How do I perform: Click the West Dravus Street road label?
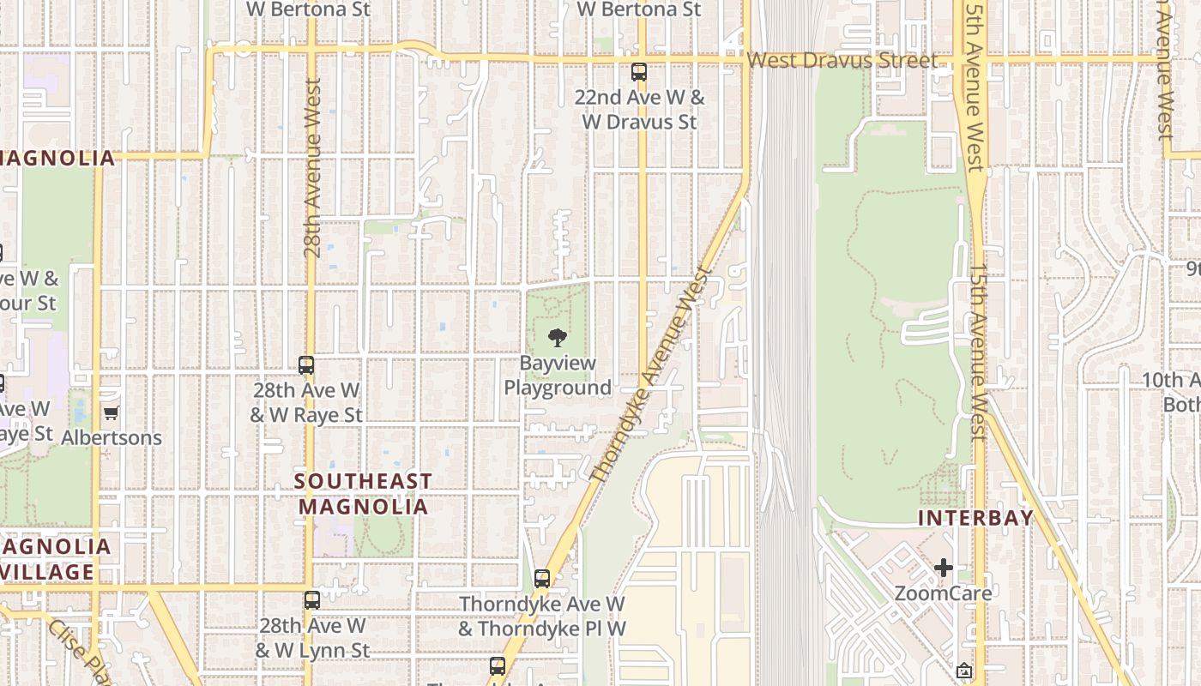[842, 61]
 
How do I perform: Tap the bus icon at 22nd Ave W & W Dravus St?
[638, 72]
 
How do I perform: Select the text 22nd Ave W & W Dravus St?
[639, 110]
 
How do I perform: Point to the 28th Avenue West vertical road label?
[312, 169]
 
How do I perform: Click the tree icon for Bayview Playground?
[558, 338]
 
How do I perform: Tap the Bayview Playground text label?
[558, 376]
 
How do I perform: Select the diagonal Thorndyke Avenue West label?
[652, 374]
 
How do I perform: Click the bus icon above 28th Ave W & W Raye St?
[306, 365]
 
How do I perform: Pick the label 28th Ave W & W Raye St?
[306, 403]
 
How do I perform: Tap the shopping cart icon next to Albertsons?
[111, 413]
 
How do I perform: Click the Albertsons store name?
[112, 437]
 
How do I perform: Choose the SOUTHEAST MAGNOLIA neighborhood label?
[363, 494]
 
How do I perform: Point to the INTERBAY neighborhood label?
[976, 518]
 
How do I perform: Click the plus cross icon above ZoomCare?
[944, 568]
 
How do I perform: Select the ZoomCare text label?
[944, 593]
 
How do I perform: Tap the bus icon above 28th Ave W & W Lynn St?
[312, 600]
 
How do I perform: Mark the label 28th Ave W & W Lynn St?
[312, 638]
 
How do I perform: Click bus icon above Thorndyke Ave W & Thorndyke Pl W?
[542, 579]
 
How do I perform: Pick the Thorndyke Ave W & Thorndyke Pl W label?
[541, 617]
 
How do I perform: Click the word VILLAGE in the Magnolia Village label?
[47, 572]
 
